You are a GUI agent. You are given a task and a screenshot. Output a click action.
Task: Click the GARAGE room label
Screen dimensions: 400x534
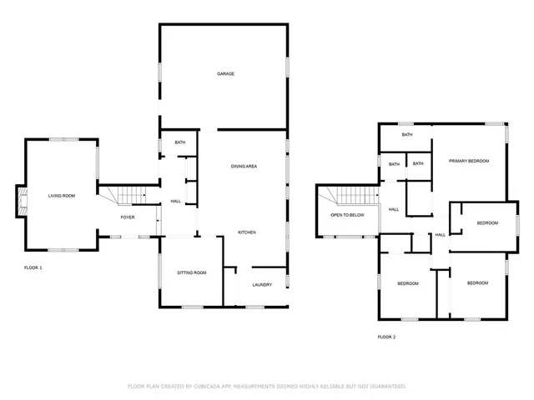pyautogui.click(x=225, y=74)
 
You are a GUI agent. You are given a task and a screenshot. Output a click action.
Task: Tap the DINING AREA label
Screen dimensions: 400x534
pyautogui.click(x=244, y=167)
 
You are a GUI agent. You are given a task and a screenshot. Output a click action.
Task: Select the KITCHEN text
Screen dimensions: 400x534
pyautogui.click(x=246, y=232)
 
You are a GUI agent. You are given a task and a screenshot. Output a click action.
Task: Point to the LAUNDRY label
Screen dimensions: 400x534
pyautogui.click(x=262, y=285)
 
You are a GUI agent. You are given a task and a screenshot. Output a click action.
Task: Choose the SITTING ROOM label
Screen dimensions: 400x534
pyautogui.click(x=191, y=273)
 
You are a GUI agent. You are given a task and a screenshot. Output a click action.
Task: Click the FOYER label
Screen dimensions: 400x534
pyautogui.click(x=128, y=217)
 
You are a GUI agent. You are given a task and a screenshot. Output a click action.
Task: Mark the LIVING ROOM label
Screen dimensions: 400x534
pyautogui.click(x=62, y=196)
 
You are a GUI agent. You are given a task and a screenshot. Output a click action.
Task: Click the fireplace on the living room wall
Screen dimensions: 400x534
pyautogui.click(x=23, y=200)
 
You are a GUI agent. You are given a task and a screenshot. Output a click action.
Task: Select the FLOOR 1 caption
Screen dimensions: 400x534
pyautogui.click(x=33, y=267)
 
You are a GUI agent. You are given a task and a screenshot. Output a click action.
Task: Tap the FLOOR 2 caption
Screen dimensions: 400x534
pyautogui.click(x=386, y=337)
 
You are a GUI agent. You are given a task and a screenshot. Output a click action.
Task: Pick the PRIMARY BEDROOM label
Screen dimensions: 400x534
pyautogui.click(x=468, y=161)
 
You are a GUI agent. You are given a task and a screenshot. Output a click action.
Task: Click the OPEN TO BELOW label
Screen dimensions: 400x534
pyautogui.click(x=347, y=215)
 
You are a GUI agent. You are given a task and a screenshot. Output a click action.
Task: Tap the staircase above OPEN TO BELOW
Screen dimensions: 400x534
pyautogui.click(x=358, y=197)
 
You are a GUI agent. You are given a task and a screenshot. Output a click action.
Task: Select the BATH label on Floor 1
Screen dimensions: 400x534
pyautogui.click(x=179, y=142)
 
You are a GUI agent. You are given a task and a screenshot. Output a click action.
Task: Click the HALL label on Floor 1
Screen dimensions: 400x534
pyautogui.click(x=176, y=201)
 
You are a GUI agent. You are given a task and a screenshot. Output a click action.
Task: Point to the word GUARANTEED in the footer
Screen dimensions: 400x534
pyautogui.click(x=385, y=387)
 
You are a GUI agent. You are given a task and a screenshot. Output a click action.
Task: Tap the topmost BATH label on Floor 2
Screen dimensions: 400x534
pyautogui.click(x=407, y=134)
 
